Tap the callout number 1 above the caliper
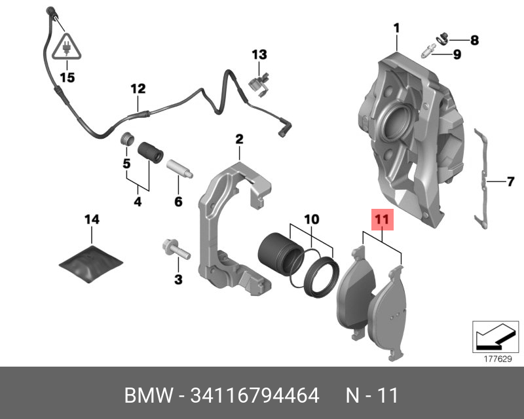(396, 28)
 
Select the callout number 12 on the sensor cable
(138, 88)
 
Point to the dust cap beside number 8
(442, 38)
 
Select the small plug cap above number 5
(126, 140)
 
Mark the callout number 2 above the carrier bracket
(240, 139)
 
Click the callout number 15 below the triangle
(67, 77)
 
